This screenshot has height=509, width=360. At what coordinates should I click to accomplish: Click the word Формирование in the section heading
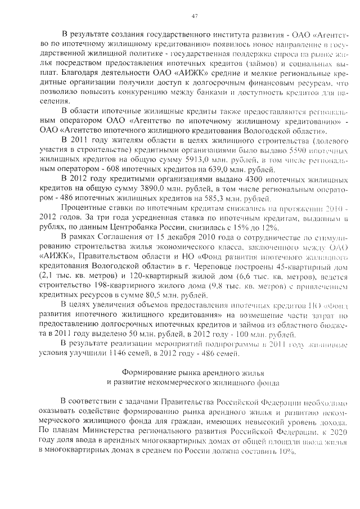[147, 373]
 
